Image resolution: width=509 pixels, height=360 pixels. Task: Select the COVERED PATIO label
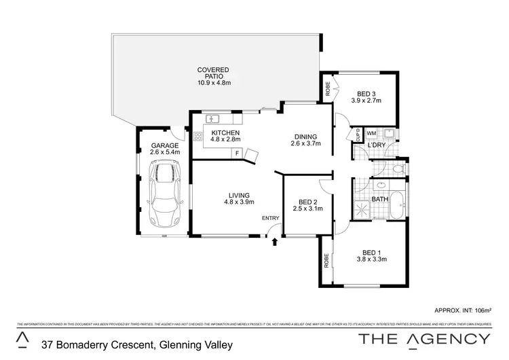click(214, 76)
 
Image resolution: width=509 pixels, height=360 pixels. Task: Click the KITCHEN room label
click(225, 132)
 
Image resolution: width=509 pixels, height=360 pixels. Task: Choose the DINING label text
click(305, 136)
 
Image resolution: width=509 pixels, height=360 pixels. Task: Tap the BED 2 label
click(308, 202)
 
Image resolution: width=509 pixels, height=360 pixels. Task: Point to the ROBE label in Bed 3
click(328, 88)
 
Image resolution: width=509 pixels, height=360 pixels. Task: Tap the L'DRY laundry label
click(377, 146)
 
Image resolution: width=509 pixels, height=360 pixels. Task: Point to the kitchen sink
click(212, 119)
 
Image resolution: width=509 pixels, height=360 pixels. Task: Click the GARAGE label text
click(165, 145)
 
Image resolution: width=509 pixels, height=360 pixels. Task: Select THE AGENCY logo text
click(423, 339)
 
